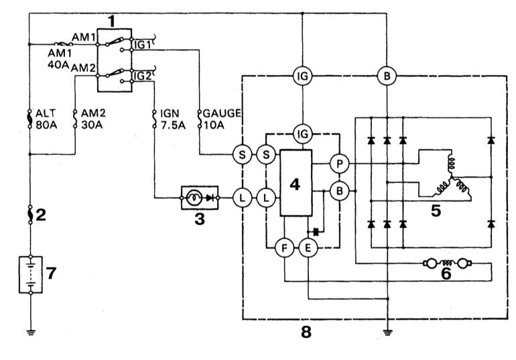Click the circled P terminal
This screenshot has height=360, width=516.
click(x=339, y=163)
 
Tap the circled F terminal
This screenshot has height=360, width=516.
click(x=285, y=248)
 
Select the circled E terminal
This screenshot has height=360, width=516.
click(x=308, y=248)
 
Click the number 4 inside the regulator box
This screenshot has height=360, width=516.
click(x=295, y=184)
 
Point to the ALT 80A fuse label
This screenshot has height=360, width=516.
click(x=46, y=119)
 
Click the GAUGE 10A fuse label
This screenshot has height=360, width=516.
click(x=222, y=119)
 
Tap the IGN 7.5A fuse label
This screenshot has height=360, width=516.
click(x=173, y=119)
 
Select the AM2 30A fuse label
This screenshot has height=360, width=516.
click(x=93, y=119)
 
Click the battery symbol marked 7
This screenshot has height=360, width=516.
click(x=31, y=274)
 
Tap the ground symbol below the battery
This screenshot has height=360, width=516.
click(x=31, y=333)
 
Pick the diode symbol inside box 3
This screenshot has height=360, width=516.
click(x=210, y=198)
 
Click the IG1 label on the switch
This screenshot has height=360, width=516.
click(x=142, y=45)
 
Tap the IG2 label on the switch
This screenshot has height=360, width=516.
click(x=143, y=76)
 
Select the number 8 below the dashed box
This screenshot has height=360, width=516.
click(x=306, y=333)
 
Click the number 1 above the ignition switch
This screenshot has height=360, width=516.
click(x=112, y=21)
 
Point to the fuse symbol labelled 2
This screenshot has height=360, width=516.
click(x=30, y=215)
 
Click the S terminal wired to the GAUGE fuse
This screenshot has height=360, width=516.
click(x=242, y=155)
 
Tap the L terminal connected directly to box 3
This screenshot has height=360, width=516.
click(x=242, y=198)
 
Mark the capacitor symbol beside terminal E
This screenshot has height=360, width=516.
click(x=316, y=232)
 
